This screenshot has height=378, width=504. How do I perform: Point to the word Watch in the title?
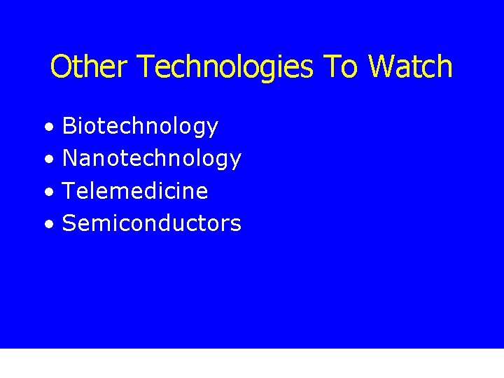(410, 67)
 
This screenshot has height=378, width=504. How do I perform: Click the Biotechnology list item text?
(140, 127)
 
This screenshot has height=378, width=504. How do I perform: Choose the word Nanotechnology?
(151, 159)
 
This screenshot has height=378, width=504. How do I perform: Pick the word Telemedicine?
(135, 190)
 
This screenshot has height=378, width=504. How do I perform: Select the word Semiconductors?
(151, 223)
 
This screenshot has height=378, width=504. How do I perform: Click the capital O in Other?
(60, 67)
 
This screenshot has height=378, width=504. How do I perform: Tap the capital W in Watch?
(382, 67)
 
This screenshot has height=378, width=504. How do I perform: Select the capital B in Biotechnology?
(69, 126)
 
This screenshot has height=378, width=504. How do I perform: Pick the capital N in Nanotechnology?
(70, 158)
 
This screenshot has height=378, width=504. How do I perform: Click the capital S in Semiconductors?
(69, 223)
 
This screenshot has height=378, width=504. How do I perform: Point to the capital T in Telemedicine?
(69, 190)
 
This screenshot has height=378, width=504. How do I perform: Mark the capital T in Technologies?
(146, 67)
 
